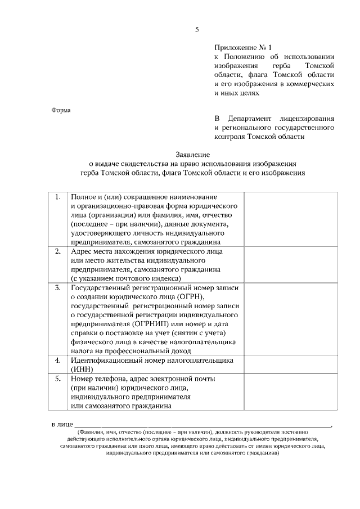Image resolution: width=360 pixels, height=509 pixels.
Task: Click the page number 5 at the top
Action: point(197,29)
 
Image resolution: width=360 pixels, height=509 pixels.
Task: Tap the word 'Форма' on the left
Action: point(61,110)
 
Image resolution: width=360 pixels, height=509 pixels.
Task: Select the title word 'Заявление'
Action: point(192,154)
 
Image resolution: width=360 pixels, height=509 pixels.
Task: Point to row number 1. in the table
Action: point(57,197)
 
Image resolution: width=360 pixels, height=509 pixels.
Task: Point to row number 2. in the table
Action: point(57,251)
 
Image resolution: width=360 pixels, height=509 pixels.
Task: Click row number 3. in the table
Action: point(57,288)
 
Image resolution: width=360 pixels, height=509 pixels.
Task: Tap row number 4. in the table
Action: point(57,360)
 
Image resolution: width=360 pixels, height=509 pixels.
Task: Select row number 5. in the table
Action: point(57,379)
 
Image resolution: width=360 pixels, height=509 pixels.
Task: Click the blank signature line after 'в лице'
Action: point(202,426)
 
